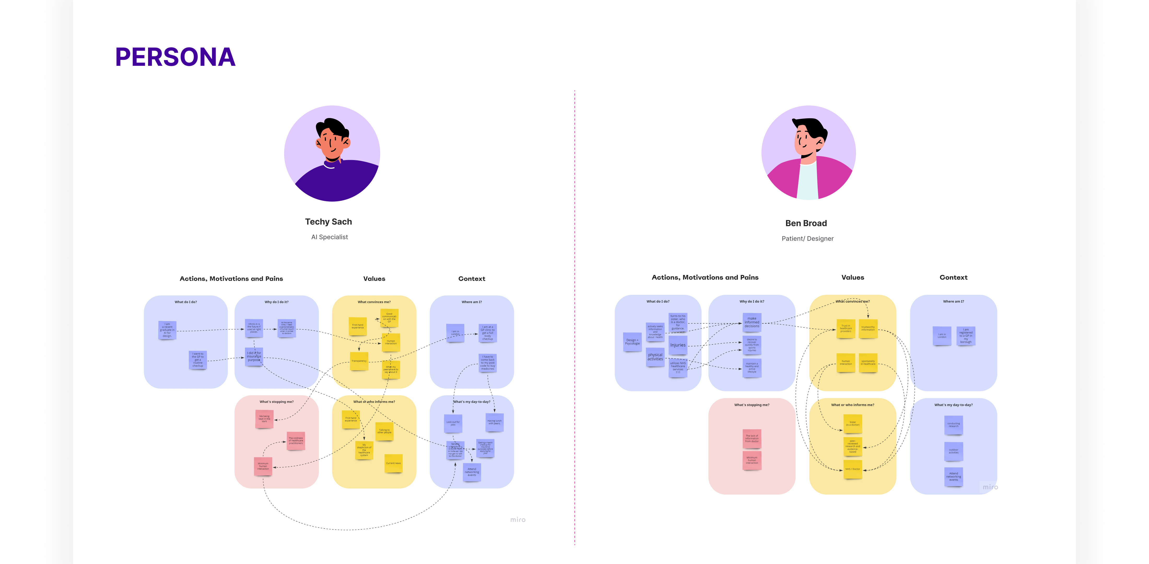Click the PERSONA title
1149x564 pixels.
point(175,57)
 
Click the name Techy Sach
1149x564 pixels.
point(328,222)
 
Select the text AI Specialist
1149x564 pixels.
point(329,237)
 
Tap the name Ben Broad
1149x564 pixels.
point(806,223)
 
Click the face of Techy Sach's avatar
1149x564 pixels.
point(332,143)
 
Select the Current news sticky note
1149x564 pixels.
point(394,463)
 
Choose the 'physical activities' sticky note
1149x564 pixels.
point(655,357)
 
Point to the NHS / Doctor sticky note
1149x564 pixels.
point(852,469)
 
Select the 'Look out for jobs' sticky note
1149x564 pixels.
point(453,423)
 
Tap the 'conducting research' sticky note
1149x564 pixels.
point(953,425)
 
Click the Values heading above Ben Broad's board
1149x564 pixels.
point(852,277)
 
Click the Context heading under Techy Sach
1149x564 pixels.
point(471,279)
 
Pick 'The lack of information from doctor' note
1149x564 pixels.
point(752,439)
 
